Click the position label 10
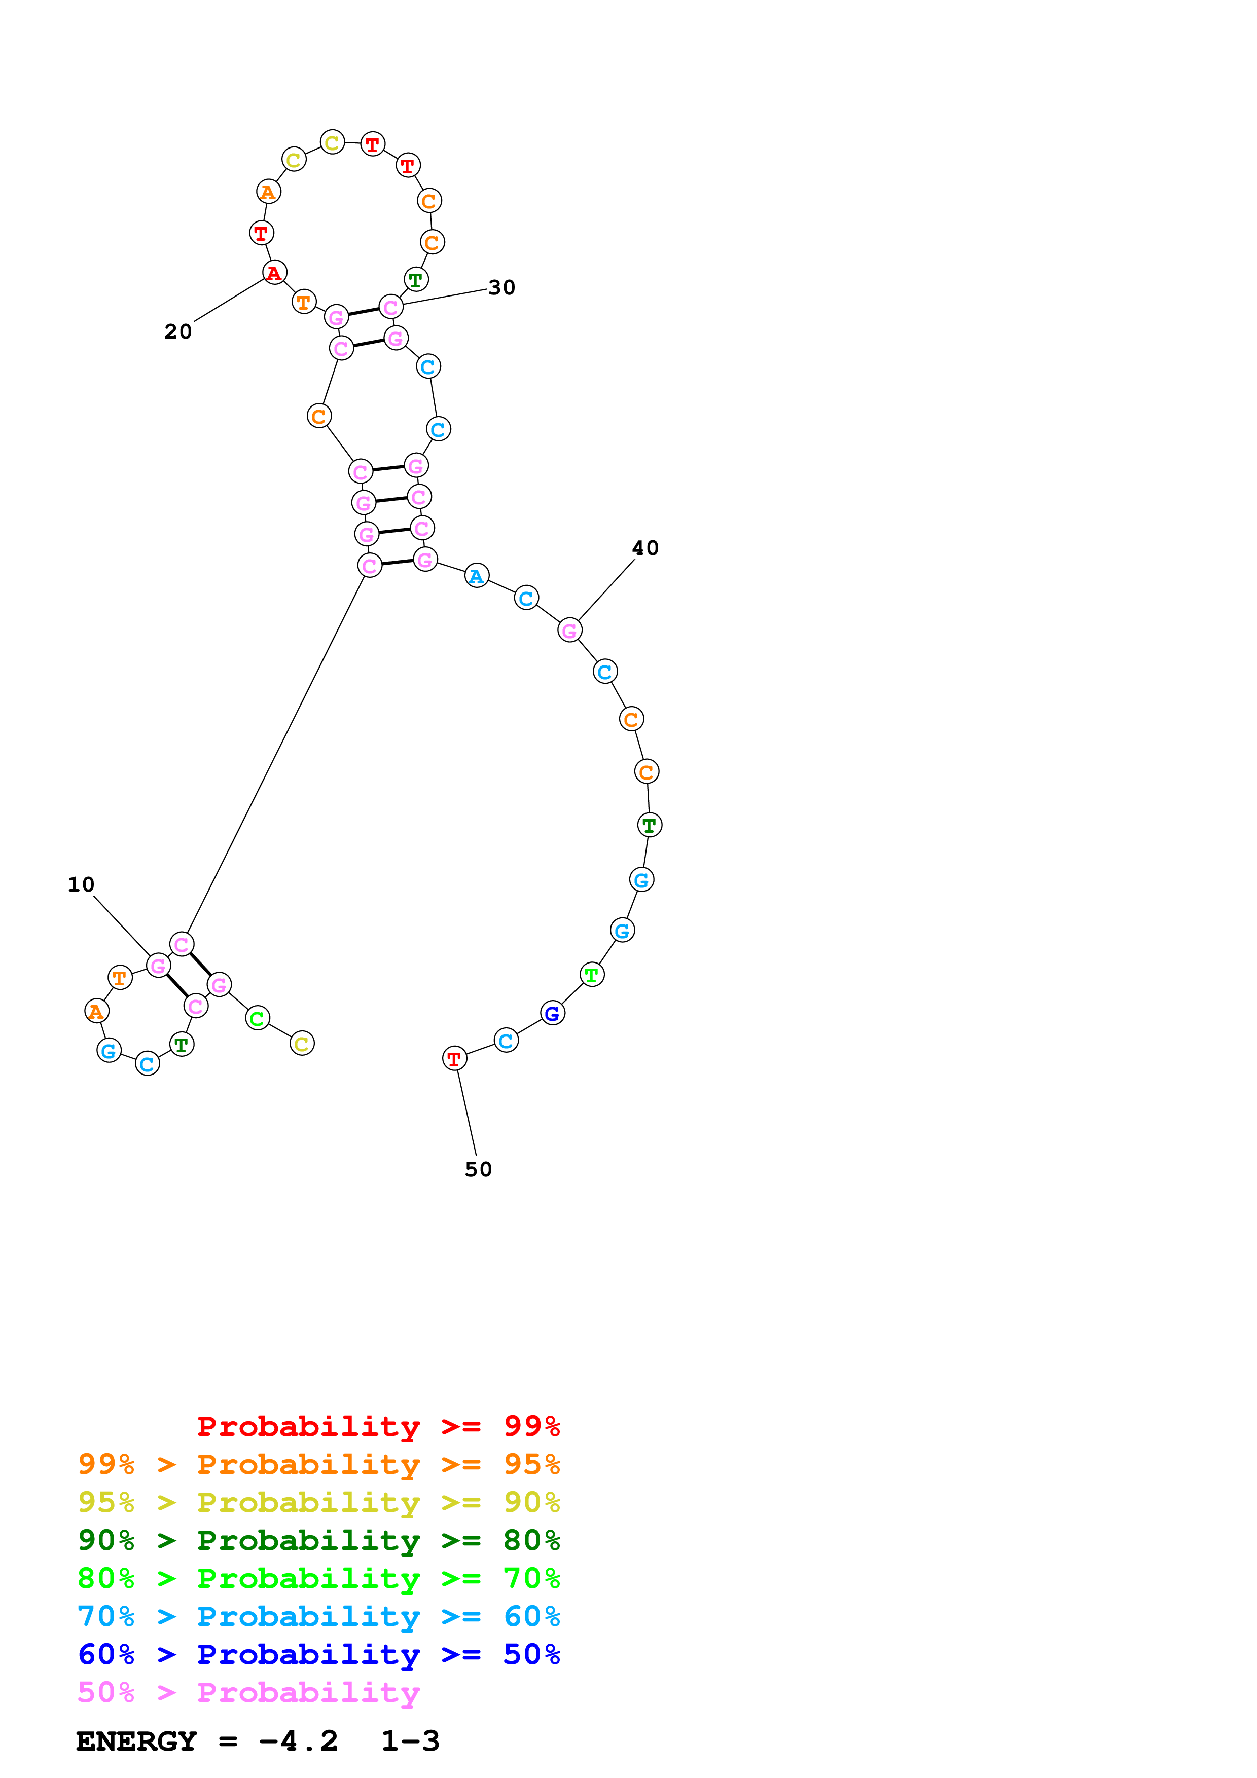click(81, 884)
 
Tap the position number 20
click(177, 331)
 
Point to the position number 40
click(645, 548)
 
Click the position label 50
click(478, 1169)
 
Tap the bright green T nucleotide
click(592, 975)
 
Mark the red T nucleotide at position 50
click(454, 1059)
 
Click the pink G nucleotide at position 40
click(569, 631)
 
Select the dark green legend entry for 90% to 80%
click(318, 1540)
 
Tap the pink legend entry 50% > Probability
click(248, 1693)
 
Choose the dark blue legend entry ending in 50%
click(318, 1655)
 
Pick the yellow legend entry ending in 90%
click(318, 1502)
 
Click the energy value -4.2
click(298, 1742)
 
